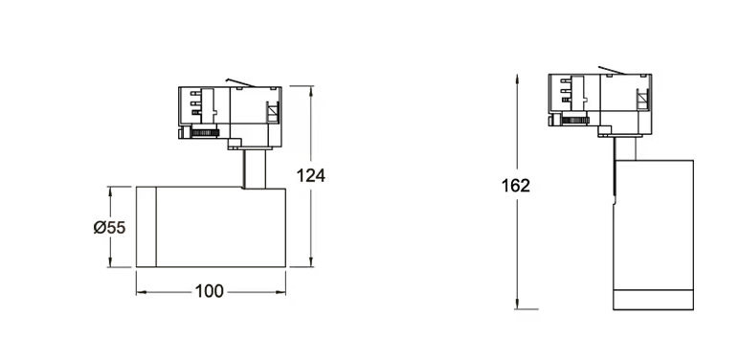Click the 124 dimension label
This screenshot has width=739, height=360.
point(310,175)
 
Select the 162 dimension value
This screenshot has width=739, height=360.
point(516,186)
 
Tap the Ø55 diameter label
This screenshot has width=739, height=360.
point(110,228)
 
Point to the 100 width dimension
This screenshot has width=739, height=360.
point(210,291)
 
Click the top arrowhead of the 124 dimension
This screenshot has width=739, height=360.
point(310,90)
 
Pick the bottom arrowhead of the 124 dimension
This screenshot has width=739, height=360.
point(310,262)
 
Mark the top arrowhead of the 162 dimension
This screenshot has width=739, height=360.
point(517,79)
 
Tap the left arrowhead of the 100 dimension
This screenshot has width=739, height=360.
point(142,292)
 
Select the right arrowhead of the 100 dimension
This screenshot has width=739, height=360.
point(280,292)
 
